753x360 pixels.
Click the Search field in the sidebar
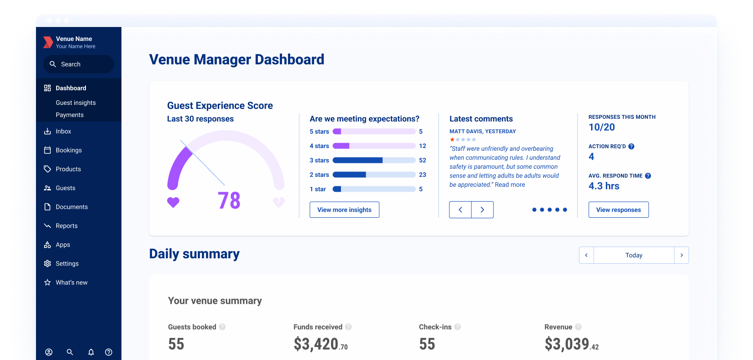(x=79, y=64)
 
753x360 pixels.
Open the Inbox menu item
(x=63, y=131)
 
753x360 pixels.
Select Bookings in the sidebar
(x=68, y=150)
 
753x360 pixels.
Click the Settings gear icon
(x=47, y=264)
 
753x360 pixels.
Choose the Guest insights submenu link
(x=76, y=103)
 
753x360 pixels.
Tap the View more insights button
(x=344, y=210)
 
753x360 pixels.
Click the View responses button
(x=618, y=210)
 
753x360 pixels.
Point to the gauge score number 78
(x=229, y=201)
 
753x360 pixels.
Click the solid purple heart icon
(x=173, y=202)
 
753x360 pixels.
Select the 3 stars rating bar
(x=374, y=160)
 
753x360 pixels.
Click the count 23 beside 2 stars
(x=422, y=175)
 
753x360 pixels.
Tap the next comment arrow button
(x=482, y=210)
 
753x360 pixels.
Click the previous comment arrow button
(x=460, y=210)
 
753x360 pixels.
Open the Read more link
(x=510, y=184)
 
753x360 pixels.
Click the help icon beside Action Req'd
(x=631, y=146)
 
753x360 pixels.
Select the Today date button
(x=633, y=255)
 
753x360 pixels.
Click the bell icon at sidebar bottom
(x=91, y=352)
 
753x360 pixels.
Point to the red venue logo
(x=48, y=42)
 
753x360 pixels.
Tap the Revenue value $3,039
(x=567, y=344)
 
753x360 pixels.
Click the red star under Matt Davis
(x=452, y=139)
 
